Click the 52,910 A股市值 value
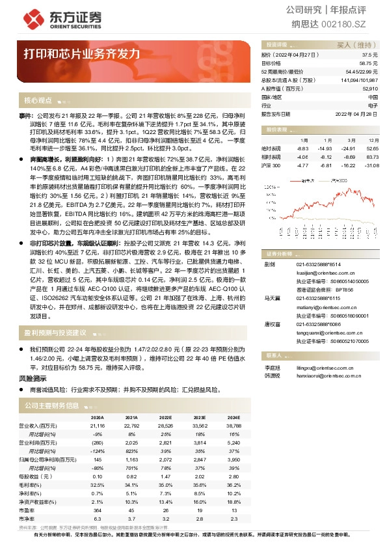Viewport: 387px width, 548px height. pyautogui.click(x=370, y=88)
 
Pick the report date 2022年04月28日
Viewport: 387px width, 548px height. pyautogui.click(x=356, y=113)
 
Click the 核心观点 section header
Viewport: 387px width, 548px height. pyautogui.click(x=38, y=101)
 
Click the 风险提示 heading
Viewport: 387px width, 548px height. pyautogui.click(x=33, y=377)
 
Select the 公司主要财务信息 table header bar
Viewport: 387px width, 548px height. pyautogui.click(x=52, y=405)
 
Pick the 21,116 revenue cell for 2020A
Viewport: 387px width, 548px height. pyautogui.click(x=96, y=425)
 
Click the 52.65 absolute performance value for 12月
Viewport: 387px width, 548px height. pyautogui.click(x=371, y=148)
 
